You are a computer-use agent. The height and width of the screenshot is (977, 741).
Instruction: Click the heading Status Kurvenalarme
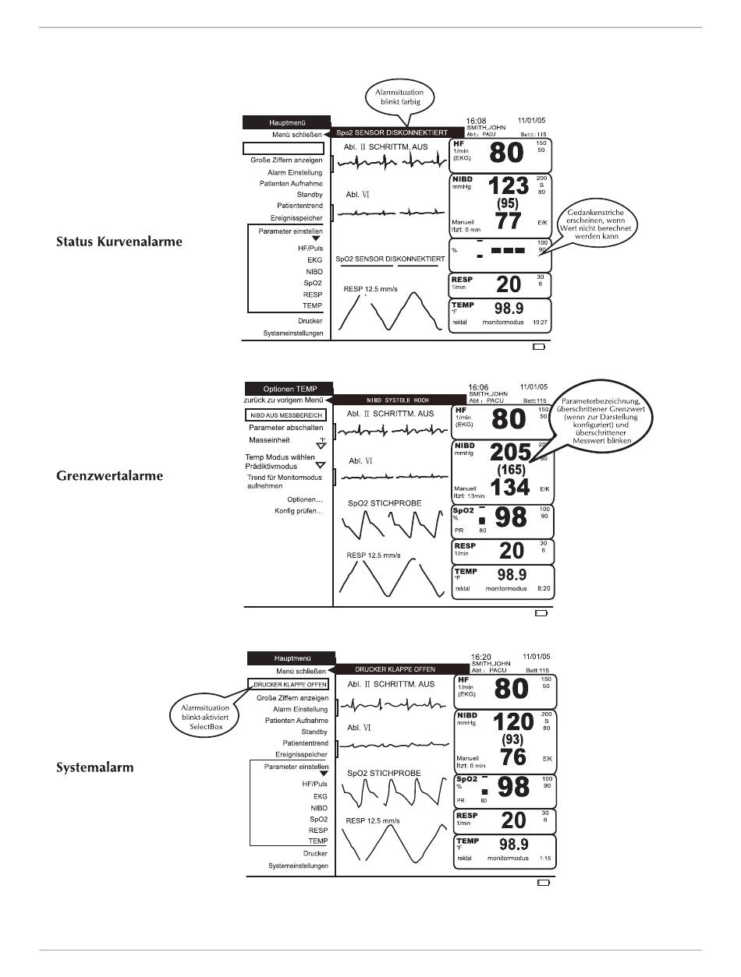point(119,242)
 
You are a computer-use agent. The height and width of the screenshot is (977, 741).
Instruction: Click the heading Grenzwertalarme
point(109,476)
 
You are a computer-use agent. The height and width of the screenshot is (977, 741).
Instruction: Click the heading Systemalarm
point(95,767)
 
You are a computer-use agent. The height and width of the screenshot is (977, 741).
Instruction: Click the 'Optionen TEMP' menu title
point(289,388)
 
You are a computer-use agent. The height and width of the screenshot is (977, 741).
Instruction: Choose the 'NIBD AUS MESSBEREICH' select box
point(286,415)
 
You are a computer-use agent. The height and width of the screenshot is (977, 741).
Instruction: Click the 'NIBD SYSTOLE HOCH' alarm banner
point(394,400)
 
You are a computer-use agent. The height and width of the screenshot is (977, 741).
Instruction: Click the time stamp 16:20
point(481,657)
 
